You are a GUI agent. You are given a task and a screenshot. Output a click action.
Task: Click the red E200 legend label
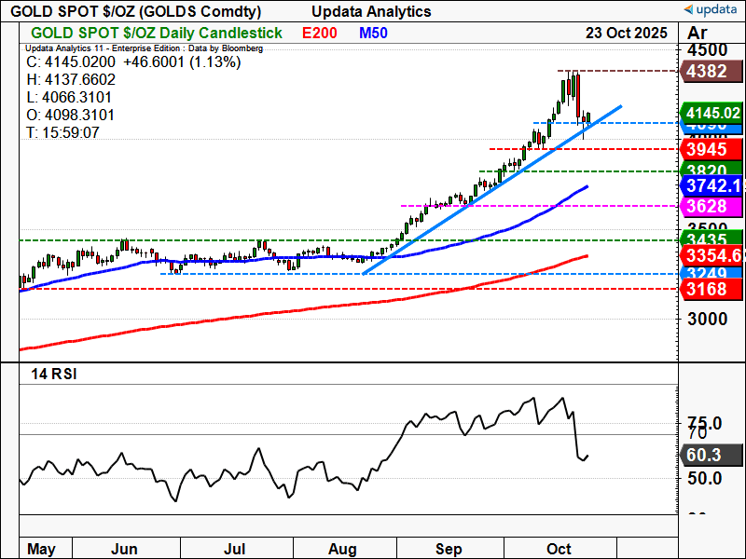click(x=320, y=33)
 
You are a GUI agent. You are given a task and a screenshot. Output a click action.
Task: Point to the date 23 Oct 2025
click(x=627, y=33)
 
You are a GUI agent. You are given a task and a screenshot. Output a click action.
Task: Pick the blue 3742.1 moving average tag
click(x=713, y=185)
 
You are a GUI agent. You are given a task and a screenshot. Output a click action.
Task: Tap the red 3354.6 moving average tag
click(x=713, y=255)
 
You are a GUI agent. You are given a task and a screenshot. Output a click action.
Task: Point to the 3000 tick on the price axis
click(x=707, y=319)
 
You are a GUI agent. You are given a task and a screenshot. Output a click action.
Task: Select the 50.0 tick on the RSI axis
click(x=707, y=478)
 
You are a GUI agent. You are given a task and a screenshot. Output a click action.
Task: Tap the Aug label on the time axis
click(x=343, y=548)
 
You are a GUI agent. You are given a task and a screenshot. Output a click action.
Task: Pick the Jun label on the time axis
click(x=124, y=548)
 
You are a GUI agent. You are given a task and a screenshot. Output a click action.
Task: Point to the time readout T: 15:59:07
click(x=63, y=132)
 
